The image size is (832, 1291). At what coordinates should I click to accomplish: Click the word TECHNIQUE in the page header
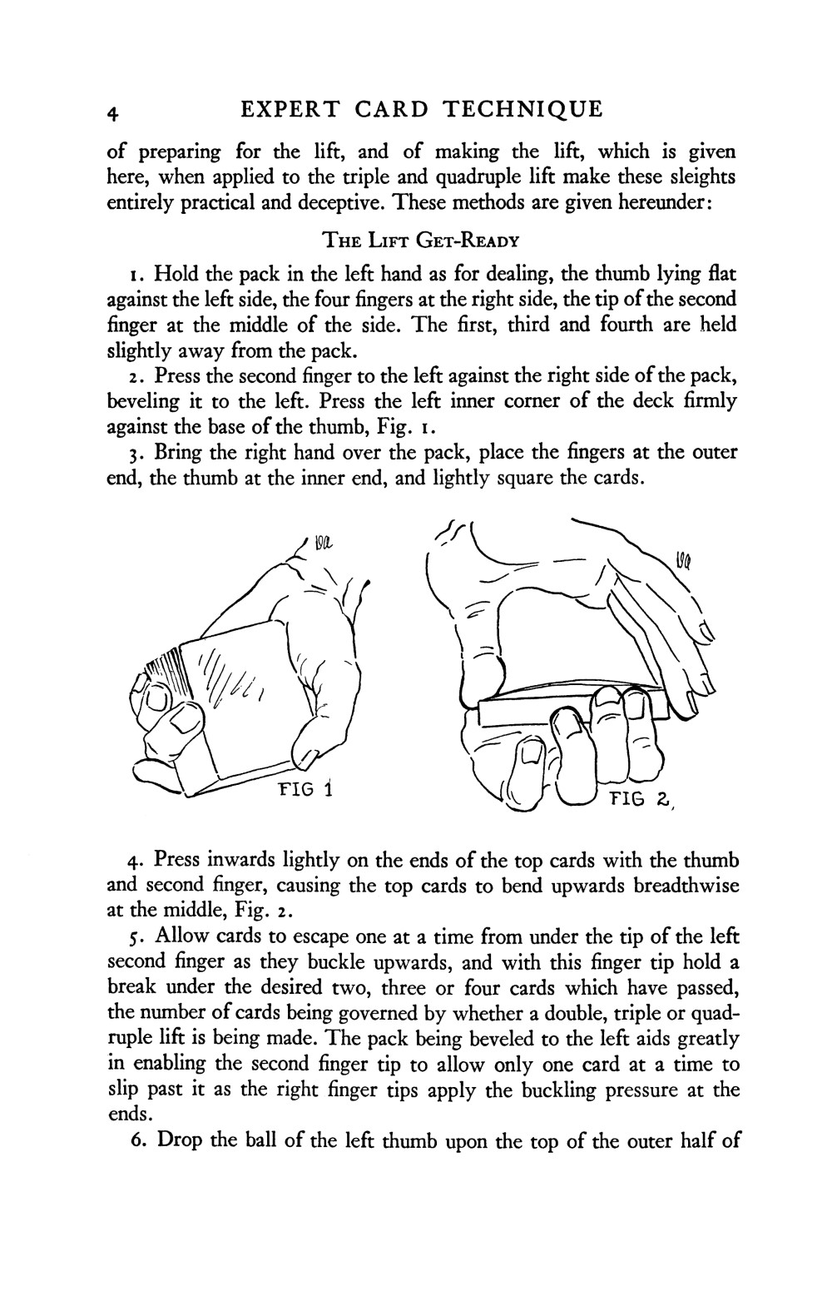click(522, 110)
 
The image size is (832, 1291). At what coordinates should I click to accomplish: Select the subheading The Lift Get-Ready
click(420, 241)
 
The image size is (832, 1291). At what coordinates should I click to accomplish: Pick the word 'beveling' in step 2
click(142, 402)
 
